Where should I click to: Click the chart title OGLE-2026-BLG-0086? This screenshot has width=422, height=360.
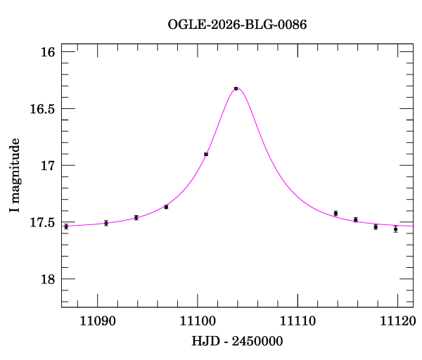[237, 25]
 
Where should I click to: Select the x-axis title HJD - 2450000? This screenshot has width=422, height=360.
[237, 341]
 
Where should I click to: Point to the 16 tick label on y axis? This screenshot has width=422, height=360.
[48, 52]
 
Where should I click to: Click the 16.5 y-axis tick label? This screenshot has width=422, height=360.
[41, 109]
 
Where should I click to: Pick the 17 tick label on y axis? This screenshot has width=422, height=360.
[48, 166]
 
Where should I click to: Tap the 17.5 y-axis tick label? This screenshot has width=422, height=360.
[41, 223]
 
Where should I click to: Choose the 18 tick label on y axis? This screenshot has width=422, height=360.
[48, 280]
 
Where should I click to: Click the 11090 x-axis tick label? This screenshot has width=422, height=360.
[97, 321]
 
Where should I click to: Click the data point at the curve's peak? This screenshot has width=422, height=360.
[236, 89]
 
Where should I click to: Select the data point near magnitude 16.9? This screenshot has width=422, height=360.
[206, 154]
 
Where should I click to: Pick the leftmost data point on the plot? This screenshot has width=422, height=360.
[66, 226]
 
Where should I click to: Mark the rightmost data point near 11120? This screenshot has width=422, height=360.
[396, 229]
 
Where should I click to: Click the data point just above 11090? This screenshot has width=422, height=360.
[106, 223]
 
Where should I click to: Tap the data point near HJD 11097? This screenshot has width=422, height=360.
[166, 207]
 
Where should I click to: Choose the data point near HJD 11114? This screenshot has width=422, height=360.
[336, 213]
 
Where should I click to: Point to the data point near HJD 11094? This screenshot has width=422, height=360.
[136, 218]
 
